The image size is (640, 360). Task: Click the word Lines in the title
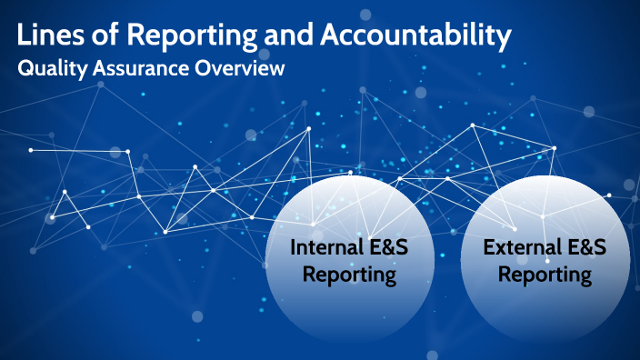[x=47, y=36]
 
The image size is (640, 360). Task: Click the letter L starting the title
[x=25, y=36]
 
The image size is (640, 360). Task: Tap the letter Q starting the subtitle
[x=25, y=69]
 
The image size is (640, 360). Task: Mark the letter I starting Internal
[x=294, y=247]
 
